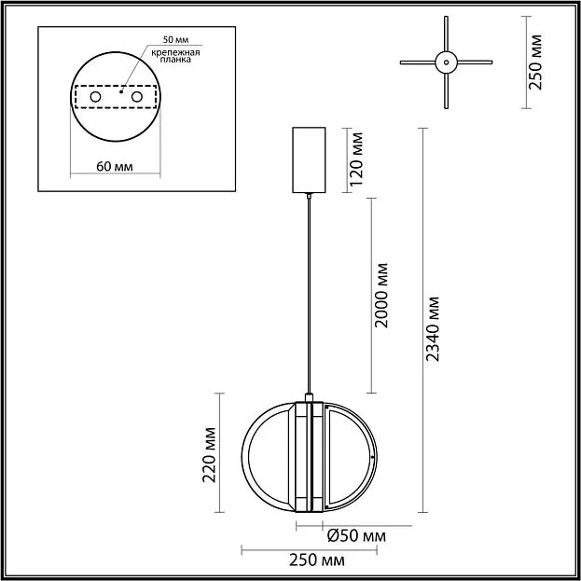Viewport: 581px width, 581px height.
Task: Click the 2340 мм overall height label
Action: pos(433,328)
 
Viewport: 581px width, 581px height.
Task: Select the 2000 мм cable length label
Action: pos(381,296)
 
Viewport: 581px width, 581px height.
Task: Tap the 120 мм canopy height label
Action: pos(357,159)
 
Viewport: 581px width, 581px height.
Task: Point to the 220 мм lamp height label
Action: pos(209,455)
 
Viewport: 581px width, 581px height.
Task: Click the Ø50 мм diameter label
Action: pos(357,536)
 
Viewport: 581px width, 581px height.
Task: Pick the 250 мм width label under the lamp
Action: pos(317,560)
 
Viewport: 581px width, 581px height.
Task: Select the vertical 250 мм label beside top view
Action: pos(535,62)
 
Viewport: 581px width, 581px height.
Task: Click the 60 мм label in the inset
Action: pos(115,167)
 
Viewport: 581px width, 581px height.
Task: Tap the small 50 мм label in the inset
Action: pos(175,40)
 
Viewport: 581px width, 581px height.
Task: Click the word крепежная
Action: pos(175,52)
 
